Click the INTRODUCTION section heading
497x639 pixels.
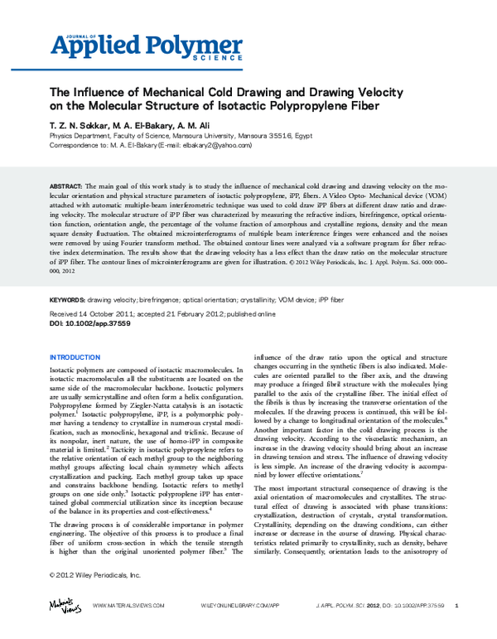pos(80,357)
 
